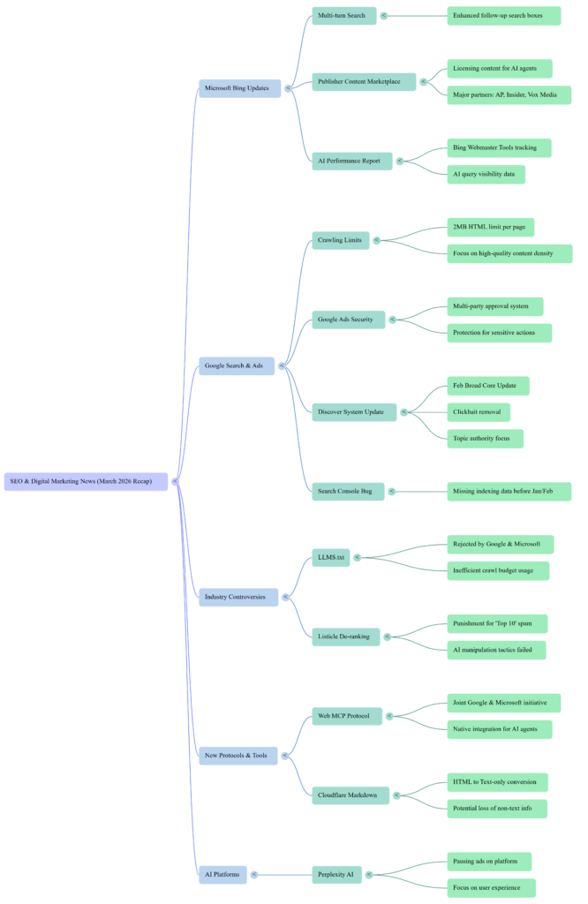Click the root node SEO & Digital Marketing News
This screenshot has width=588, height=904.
[86, 481]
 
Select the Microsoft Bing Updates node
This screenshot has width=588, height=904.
[239, 88]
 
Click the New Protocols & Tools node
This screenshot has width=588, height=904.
[237, 755]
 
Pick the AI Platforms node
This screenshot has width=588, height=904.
[222, 874]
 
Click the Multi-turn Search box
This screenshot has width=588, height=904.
[343, 16]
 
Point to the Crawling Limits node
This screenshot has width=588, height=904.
[340, 240]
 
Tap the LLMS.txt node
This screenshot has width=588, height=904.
[331, 557]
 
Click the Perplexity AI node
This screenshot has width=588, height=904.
[336, 874]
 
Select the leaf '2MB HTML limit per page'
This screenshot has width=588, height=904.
[489, 227]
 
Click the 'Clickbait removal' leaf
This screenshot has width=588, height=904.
[478, 412]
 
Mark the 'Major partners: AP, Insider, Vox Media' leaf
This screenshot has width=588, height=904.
[508, 94]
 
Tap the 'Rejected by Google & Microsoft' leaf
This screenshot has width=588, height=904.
[499, 544]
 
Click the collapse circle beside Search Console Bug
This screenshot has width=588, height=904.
[392, 492]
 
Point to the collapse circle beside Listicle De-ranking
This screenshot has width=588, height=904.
[388, 636]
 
